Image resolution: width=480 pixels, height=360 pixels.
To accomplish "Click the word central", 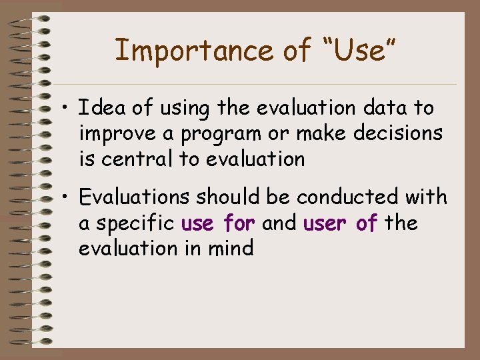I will [x=137, y=159].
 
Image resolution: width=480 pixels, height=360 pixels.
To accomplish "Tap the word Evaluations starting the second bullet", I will [x=133, y=197].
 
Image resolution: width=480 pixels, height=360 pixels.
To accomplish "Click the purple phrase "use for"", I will [x=218, y=223].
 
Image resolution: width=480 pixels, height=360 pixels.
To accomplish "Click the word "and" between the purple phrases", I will [x=279, y=223].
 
